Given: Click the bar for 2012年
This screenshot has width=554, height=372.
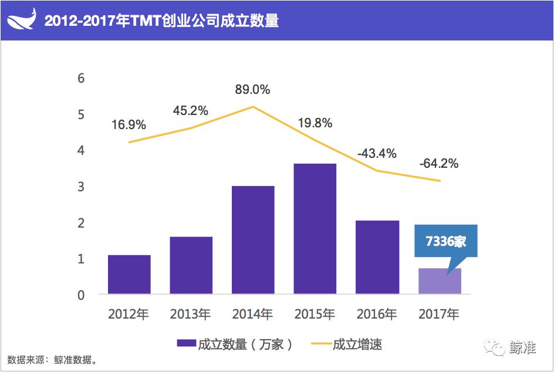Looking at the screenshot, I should click(x=129, y=274).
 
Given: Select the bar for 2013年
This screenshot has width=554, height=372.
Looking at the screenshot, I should click(x=191, y=265).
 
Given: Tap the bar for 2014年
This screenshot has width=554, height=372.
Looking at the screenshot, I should click(x=253, y=239).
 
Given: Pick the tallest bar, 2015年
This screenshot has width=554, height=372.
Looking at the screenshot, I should click(x=315, y=228).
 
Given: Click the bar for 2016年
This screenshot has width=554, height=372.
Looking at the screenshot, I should click(x=377, y=257).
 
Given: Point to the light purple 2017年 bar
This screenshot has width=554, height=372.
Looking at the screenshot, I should click(x=440, y=282).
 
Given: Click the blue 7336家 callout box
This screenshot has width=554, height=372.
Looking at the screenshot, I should click(x=446, y=241).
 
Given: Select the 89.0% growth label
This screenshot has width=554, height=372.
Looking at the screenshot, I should click(x=252, y=90).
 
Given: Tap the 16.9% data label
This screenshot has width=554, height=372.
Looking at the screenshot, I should click(x=128, y=124).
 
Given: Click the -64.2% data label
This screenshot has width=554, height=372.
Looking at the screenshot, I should click(x=439, y=164).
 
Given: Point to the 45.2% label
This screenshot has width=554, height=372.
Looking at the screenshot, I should click(x=190, y=110).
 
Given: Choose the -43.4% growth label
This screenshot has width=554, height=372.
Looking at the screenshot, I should click(x=377, y=153).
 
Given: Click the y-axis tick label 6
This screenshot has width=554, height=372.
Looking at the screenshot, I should click(x=82, y=78).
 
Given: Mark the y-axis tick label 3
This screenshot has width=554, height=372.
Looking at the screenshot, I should click(x=82, y=187).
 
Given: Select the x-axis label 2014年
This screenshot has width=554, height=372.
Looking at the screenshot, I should click(x=253, y=314).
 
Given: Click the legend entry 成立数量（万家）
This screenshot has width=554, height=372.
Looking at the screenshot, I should click(x=235, y=344).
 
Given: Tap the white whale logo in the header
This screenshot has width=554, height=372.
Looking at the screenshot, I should click(x=22, y=21).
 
